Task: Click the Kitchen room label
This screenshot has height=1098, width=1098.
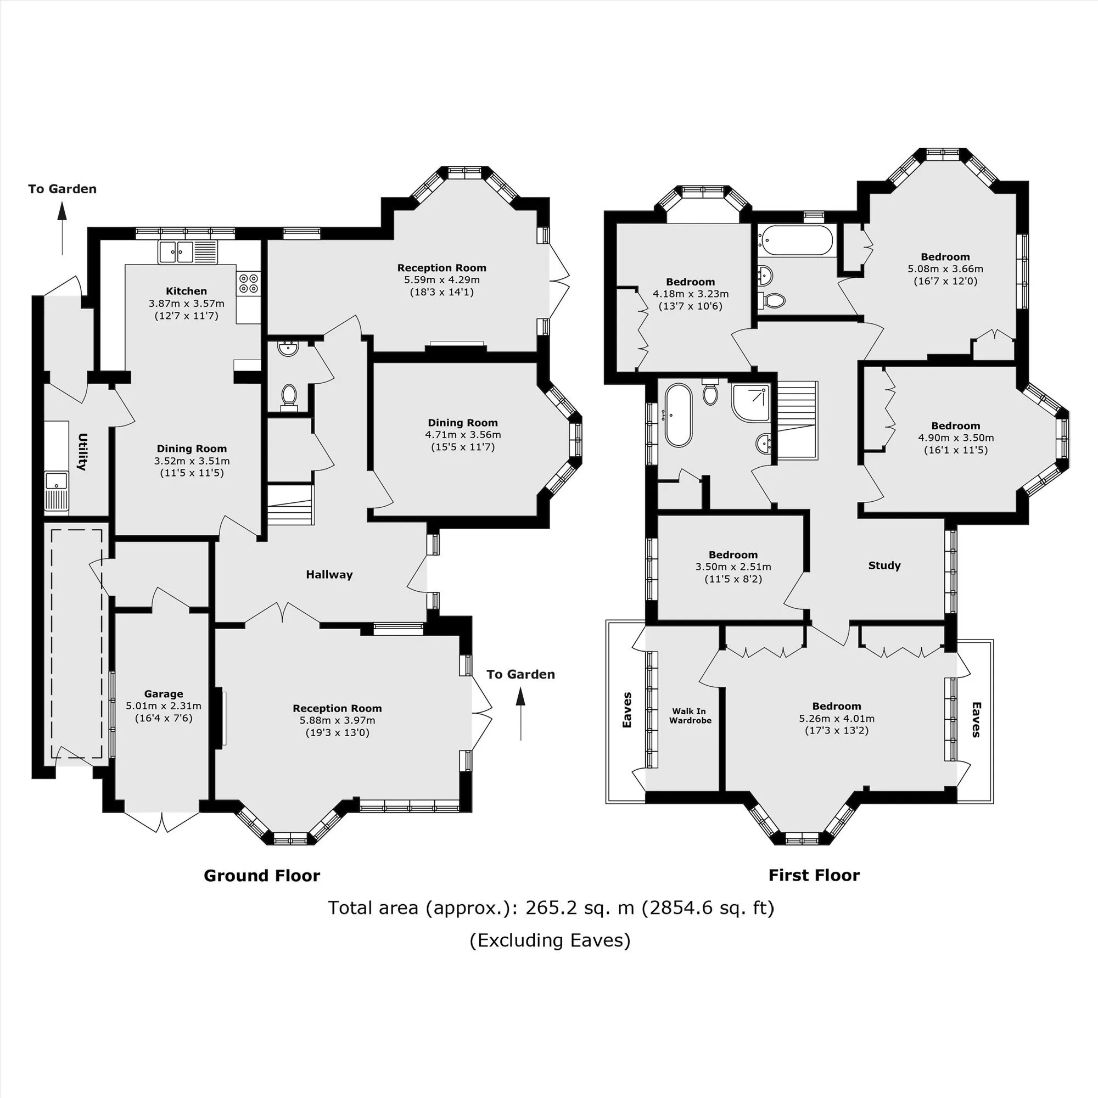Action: pos(187,291)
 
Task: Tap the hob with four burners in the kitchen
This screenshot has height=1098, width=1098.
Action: pos(248,283)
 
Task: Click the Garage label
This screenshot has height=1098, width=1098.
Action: pos(164,694)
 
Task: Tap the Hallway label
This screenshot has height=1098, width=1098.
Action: pos(329,575)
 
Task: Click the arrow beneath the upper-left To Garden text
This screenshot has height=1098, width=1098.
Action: pos(63,228)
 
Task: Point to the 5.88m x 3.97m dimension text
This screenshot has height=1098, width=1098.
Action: pos(338,720)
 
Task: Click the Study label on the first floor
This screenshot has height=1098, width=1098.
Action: pos(884,565)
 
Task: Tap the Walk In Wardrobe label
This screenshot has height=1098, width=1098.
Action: pos(690,715)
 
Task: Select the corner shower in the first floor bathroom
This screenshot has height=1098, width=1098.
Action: pos(750,403)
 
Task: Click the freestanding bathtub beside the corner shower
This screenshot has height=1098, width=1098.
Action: pos(678,415)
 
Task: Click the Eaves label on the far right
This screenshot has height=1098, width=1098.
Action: pos(976,720)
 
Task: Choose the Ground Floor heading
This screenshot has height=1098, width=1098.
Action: pos(262,876)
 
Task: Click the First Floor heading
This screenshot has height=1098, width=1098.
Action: pos(814,875)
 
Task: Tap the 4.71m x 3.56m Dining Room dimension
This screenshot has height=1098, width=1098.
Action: pos(463,435)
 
